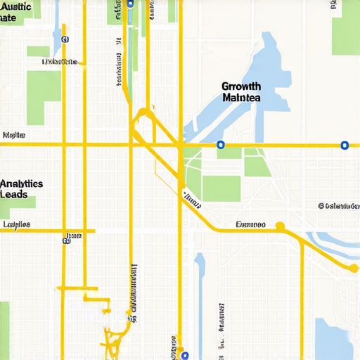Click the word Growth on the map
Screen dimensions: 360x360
241,86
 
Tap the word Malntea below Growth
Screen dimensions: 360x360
241,98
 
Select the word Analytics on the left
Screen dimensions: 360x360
22,184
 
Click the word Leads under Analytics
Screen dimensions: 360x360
14,194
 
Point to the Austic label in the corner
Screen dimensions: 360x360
18,6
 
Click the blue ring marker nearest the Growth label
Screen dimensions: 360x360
220,145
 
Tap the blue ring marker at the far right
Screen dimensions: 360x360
344,146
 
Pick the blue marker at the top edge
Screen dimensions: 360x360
130,3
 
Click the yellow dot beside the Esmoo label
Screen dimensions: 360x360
280,226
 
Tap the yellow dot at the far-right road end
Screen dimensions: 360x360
354,268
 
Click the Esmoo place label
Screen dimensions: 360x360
250,225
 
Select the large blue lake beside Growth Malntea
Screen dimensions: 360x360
271,70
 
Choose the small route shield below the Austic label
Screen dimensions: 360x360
65,40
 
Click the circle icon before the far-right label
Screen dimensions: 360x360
321,206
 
